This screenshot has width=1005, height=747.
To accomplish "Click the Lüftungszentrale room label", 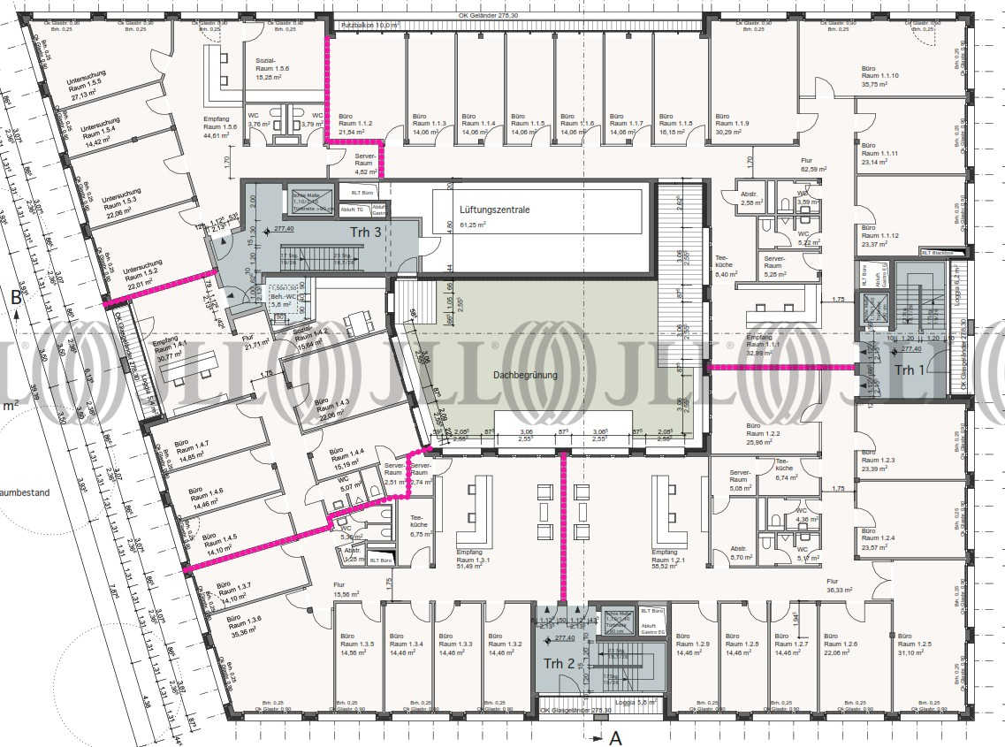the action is tap(494, 210).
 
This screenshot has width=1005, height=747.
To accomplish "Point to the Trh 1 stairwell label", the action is tap(906, 370).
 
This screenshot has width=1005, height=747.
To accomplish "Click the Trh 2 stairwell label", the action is tap(559, 663).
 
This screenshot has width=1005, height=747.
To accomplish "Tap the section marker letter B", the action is tap(16, 298).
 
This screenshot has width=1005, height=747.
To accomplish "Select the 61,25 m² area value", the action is tap(479, 225).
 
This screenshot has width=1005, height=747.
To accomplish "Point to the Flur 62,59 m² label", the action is tap(812, 164).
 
